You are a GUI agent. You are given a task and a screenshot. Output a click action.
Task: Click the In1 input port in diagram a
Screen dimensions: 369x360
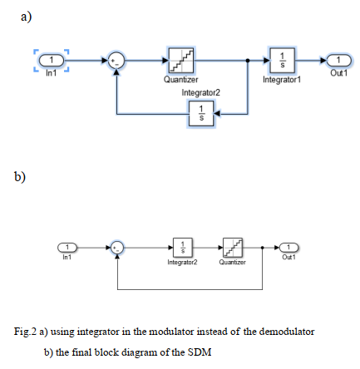tap(52, 60)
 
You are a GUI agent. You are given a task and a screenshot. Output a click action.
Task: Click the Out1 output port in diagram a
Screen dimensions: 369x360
tap(337, 60)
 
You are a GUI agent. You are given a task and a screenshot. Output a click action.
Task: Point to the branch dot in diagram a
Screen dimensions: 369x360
tap(248, 60)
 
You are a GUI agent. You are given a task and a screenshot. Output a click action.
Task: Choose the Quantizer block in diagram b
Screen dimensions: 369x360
tap(232, 247)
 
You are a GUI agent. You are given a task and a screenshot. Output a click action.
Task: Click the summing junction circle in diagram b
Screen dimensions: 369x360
tap(119, 247)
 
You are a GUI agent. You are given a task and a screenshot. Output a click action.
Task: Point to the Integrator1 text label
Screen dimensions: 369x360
tap(280, 80)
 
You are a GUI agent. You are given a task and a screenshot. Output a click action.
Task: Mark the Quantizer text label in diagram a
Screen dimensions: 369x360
tap(180, 80)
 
